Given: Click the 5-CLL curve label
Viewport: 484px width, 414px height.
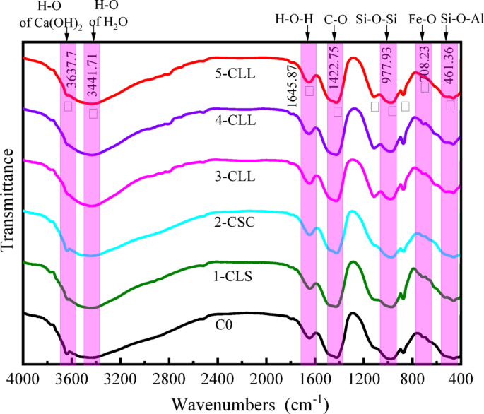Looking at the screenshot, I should pyautogui.click(x=237, y=72).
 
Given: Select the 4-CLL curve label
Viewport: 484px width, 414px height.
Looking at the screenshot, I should pyautogui.click(x=237, y=119).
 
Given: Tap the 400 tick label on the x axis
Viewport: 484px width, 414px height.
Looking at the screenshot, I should pyautogui.click(x=460, y=380).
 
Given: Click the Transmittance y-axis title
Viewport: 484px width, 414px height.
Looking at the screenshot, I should pyautogui.click(x=8, y=199).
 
